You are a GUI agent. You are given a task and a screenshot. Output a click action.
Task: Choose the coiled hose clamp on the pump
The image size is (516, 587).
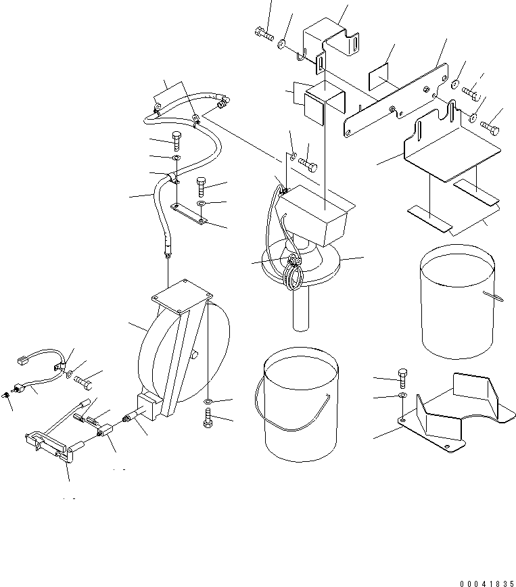(x=294, y=274)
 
